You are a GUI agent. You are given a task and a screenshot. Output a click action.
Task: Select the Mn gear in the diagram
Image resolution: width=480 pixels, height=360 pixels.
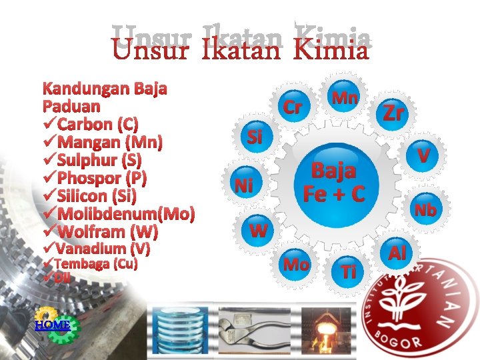pyautogui.click(x=345, y=98)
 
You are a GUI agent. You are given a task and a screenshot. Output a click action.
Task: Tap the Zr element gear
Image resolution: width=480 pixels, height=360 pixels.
pyautogui.click(x=393, y=113)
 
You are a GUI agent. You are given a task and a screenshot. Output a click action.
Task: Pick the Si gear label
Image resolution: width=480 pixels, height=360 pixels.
pyautogui.click(x=255, y=137)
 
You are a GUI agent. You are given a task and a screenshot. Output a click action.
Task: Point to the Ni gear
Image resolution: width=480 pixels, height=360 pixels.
pyautogui.click(x=243, y=185)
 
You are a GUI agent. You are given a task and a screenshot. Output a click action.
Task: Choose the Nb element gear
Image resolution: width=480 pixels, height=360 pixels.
pyautogui.click(x=425, y=210)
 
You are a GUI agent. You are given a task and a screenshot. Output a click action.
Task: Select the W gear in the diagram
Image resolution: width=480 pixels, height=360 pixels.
pyautogui.click(x=259, y=231)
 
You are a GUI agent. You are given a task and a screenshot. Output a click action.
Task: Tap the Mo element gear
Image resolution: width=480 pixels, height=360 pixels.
pyautogui.click(x=296, y=265)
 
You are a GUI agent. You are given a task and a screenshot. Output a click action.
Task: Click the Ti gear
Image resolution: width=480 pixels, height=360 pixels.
pyautogui.click(x=348, y=271)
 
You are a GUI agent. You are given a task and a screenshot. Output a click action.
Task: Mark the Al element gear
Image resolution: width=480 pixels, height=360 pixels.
pyautogui.click(x=397, y=253)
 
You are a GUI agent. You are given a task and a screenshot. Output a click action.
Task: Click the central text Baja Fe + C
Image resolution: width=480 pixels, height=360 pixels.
pyautogui.click(x=334, y=182)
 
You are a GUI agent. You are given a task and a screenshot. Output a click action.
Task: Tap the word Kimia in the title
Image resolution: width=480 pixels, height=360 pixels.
pyautogui.click(x=331, y=50)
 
